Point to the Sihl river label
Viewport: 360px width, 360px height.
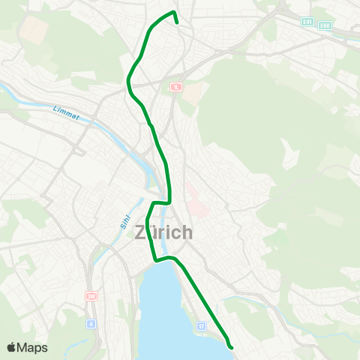point(125,217)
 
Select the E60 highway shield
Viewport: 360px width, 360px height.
point(325,25)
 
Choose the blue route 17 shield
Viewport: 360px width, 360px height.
point(200,326)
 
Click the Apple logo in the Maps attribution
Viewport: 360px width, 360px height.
point(12,347)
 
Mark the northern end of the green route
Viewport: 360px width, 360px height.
point(176,22)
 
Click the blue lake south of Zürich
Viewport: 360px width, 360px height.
point(169,307)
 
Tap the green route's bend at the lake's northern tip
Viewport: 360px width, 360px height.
point(157,259)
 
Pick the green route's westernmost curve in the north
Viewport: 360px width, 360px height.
point(128,78)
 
